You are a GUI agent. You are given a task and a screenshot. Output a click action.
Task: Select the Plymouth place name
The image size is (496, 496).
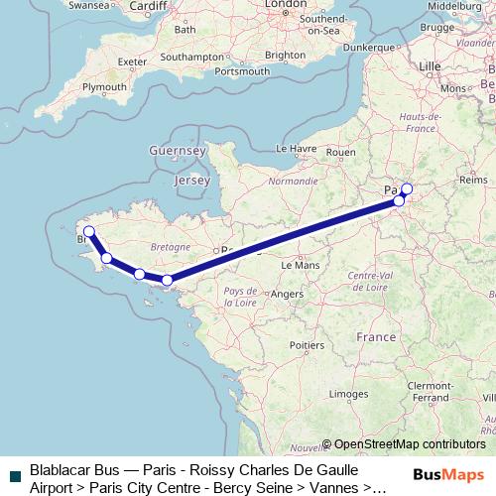click(x=104, y=87)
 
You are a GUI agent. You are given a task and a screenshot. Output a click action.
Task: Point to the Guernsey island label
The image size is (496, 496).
click(x=175, y=150)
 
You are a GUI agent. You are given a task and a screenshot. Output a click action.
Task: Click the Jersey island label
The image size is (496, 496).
click(x=191, y=182)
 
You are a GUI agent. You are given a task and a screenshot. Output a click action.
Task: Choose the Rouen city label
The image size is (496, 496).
click(x=340, y=152)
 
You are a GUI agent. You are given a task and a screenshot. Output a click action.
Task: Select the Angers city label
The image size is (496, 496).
click(x=287, y=294)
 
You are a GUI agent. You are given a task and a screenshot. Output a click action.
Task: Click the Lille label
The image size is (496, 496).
click(x=430, y=65)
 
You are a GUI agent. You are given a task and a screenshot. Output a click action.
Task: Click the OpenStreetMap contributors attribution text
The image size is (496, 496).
click(x=410, y=444)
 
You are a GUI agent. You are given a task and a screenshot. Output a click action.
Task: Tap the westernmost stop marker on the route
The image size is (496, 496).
click(x=88, y=231)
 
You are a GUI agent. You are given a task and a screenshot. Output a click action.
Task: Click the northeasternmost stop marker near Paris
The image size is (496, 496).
click(x=407, y=188)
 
